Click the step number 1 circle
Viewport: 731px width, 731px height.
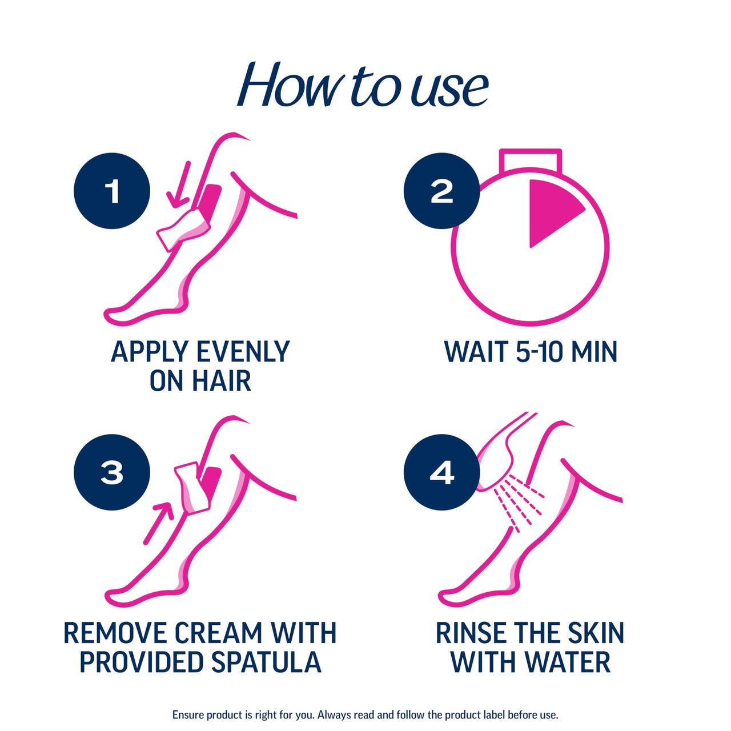[x=112, y=191]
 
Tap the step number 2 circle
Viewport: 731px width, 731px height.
[x=441, y=191]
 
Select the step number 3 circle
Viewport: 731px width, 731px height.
[x=112, y=472]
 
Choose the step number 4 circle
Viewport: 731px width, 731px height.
[x=441, y=472]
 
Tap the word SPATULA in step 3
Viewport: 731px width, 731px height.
[x=266, y=662]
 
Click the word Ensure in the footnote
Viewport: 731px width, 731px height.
[x=188, y=714]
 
